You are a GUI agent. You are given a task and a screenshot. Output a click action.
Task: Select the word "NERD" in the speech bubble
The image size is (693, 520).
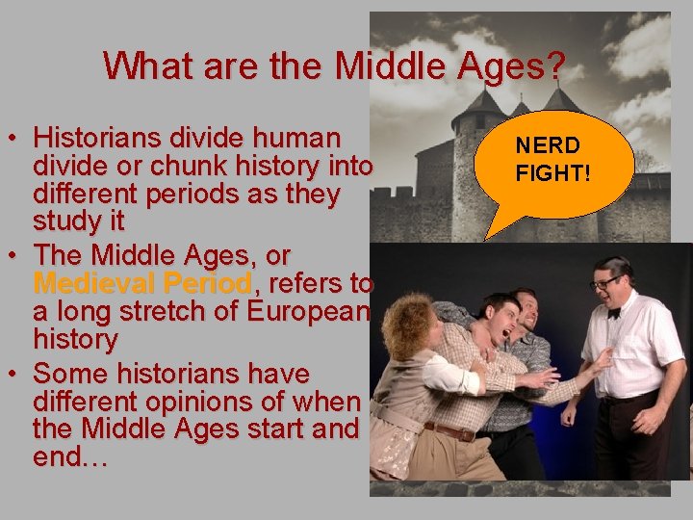coord(547,146)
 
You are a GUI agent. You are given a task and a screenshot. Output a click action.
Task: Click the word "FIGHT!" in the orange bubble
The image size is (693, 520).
coord(551,174)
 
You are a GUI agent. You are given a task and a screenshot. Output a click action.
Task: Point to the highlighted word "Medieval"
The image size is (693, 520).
coord(92,284)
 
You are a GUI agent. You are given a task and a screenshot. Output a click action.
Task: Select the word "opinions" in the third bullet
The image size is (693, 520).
coord(214,402)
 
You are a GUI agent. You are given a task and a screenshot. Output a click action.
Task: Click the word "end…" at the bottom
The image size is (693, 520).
coord(70,457)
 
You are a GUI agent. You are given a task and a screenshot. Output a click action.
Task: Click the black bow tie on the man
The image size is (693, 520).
coord(613,312)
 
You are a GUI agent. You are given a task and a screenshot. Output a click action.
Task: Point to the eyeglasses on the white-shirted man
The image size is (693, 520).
coord(606,282)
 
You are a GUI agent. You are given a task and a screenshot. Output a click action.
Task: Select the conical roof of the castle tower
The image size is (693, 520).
coord(479,103)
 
